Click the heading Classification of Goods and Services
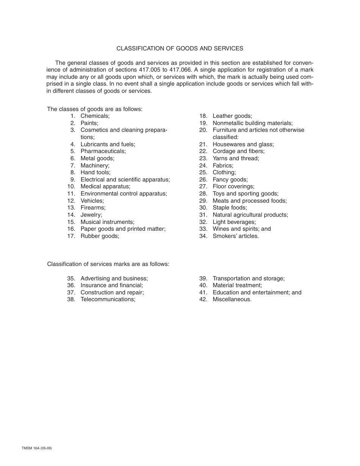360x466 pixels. pyautogui.click(x=180, y=48)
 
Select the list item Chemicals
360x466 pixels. pyautogui.click(x=95, y=116)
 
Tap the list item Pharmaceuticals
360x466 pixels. pyautogui.click(x=103, y=151)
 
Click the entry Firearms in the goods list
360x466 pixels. pyautogui.click(x=93, y=208)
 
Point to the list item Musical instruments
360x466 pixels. pyautogui.click(x=107, y=222)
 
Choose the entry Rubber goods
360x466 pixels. pyautogui.click(x=100, y=236)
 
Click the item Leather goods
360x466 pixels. pyautogui.click(x=232, y=116)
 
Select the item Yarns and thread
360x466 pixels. pyautogui.click(x=236, y=158)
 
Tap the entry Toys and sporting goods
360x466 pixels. pyautogui.click(x=245, y=194)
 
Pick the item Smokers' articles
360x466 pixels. pyautogui.click(x=235, y=236)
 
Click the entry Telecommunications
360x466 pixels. pyautogui.click(x=108, y=299)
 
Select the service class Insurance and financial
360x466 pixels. pyautogui.click(x=112, y=285)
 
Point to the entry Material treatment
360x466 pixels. pyautogui.click(x=237, y=285)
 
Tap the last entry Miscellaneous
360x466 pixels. pyautogui.click(x=232, y=299)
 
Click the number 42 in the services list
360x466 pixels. pyautogui.click(x=203, y=299)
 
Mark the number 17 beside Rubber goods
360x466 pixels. pyautogui.click(x=71, y=236)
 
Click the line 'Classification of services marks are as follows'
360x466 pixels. pyautogui.click(x=108, y=264)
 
